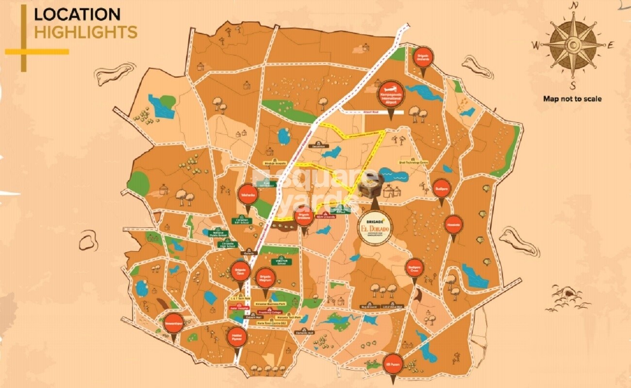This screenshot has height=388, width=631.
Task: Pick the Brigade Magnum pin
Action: tap(265, 278)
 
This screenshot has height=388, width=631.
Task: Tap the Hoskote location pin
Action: tap(454, 224)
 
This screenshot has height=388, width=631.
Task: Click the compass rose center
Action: tap(574, 45)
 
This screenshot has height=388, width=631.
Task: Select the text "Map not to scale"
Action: tap(572, 99)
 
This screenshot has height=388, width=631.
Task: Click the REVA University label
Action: tap(327, 217)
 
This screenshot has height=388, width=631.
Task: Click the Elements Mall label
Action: tap(305, 333)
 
